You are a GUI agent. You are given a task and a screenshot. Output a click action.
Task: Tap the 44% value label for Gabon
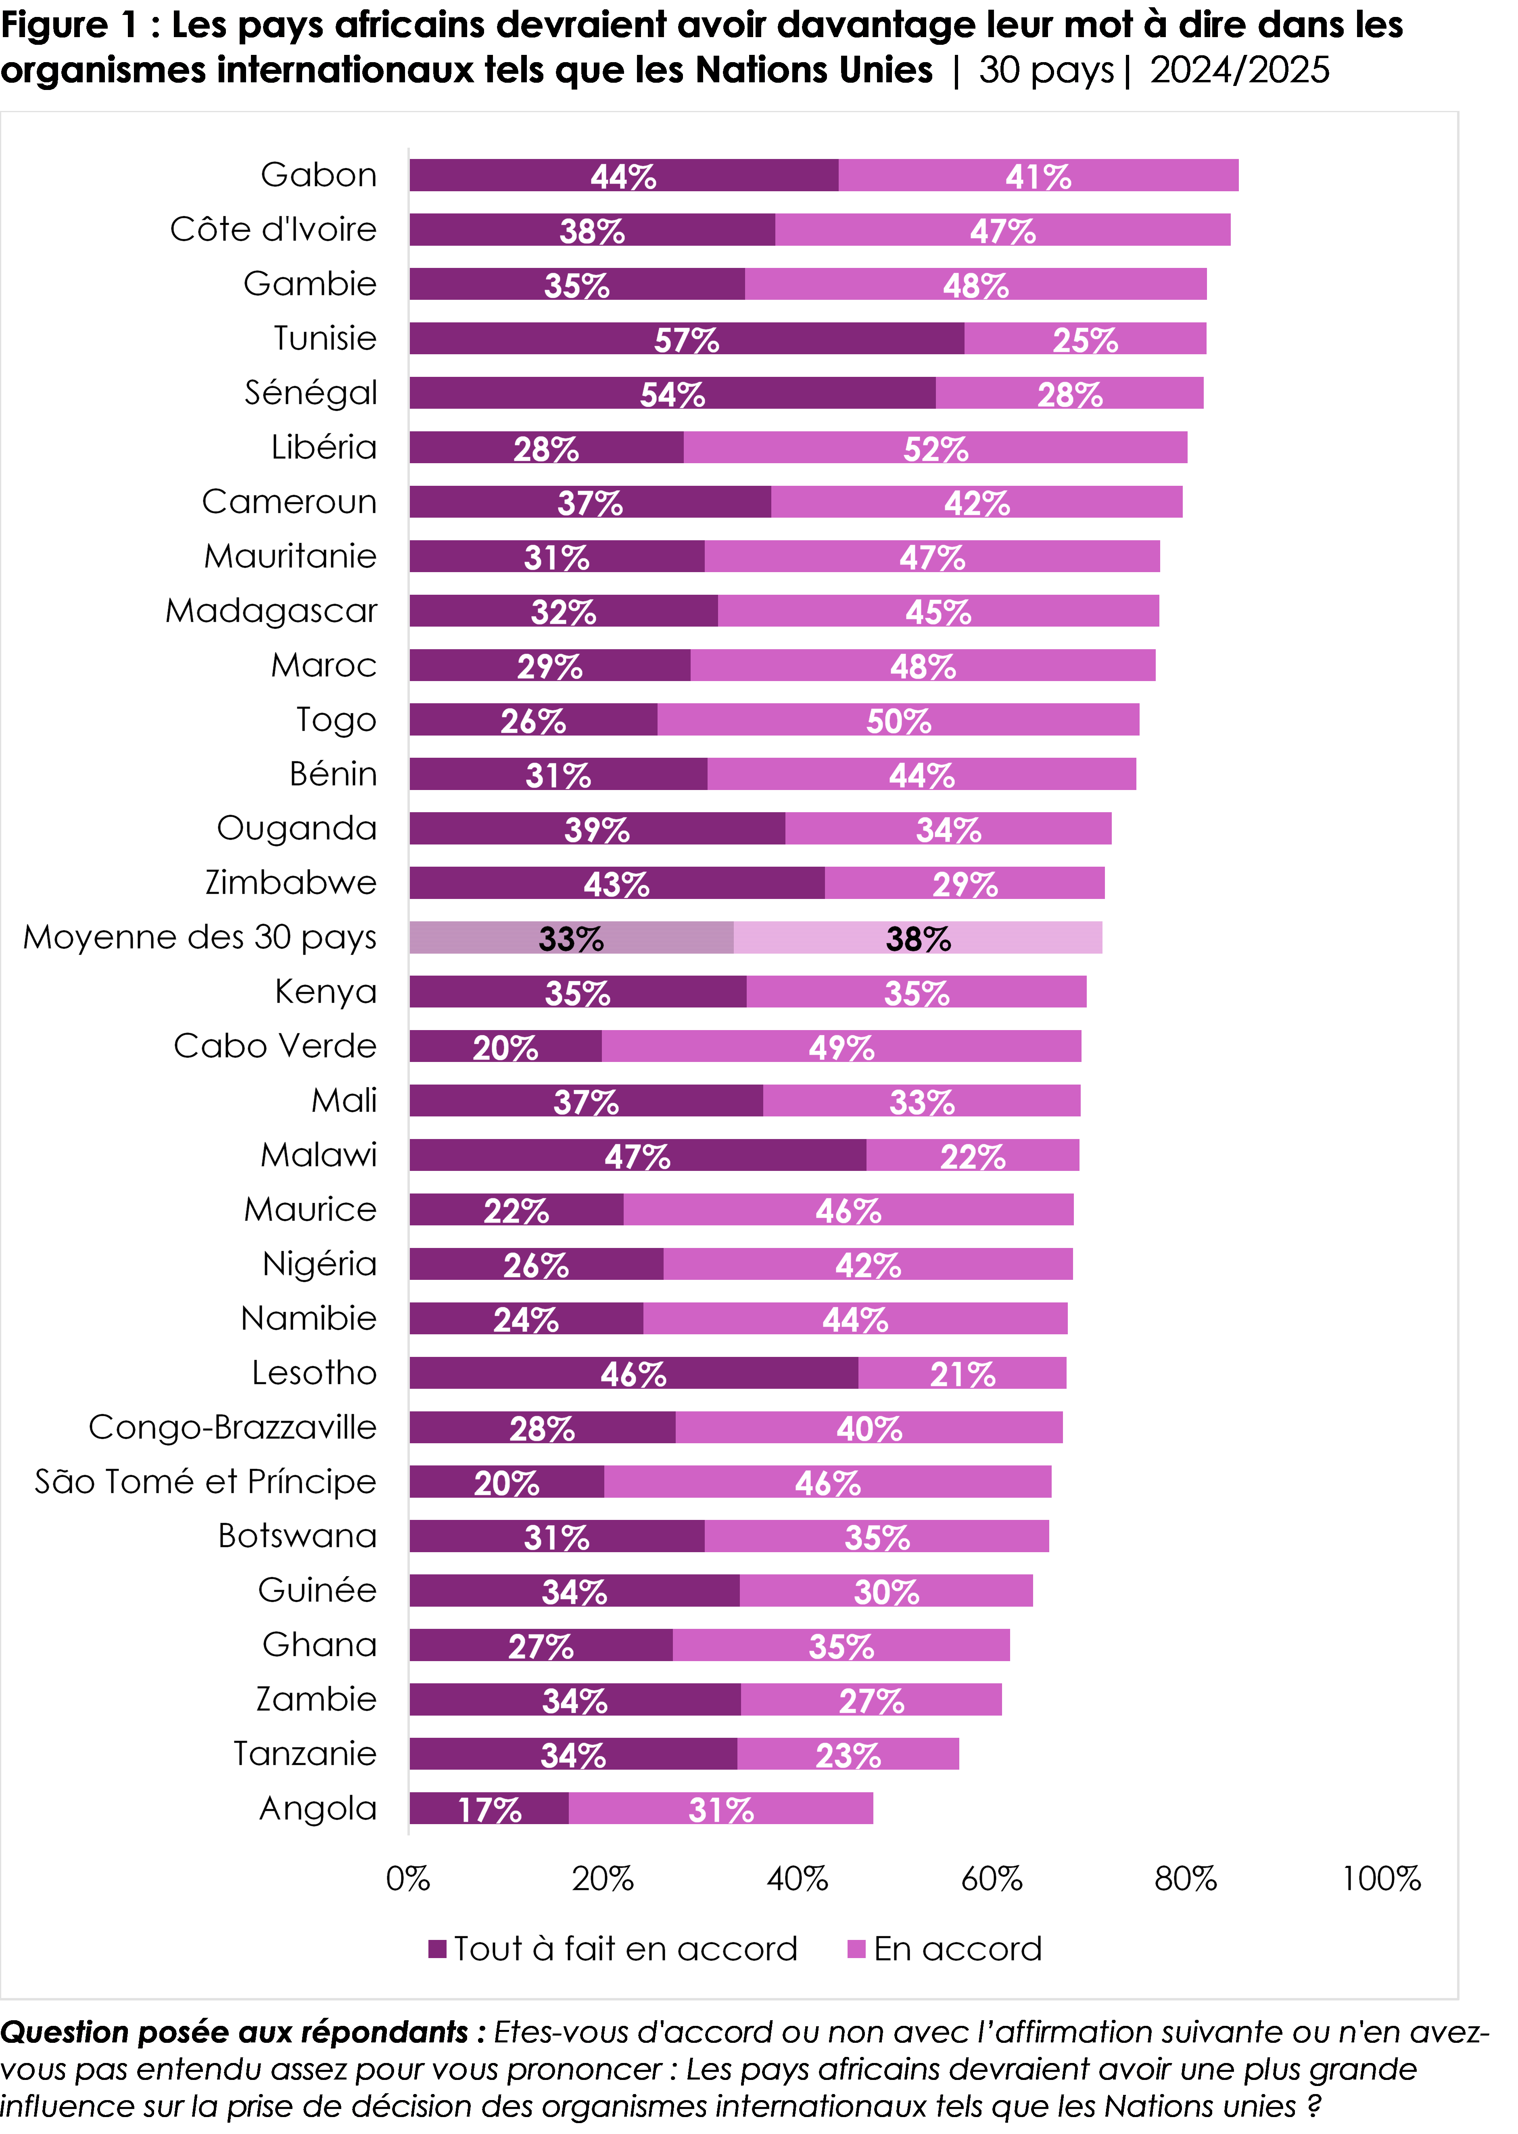pos(624,177)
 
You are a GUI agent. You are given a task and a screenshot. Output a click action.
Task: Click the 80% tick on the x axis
pos(1185,1879)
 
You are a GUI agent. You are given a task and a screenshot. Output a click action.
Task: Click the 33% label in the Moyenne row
pos(571,938)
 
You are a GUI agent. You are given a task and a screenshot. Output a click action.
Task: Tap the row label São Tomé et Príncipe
pos(206,1482)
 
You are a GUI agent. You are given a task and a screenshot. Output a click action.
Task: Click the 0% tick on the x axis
pos(409,1879)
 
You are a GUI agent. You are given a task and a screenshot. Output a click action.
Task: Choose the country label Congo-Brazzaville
pos(233,1428)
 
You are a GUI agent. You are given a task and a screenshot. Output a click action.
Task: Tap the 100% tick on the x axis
pos(1380,1879)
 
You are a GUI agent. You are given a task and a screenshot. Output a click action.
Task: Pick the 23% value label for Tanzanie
pos(848,1756)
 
